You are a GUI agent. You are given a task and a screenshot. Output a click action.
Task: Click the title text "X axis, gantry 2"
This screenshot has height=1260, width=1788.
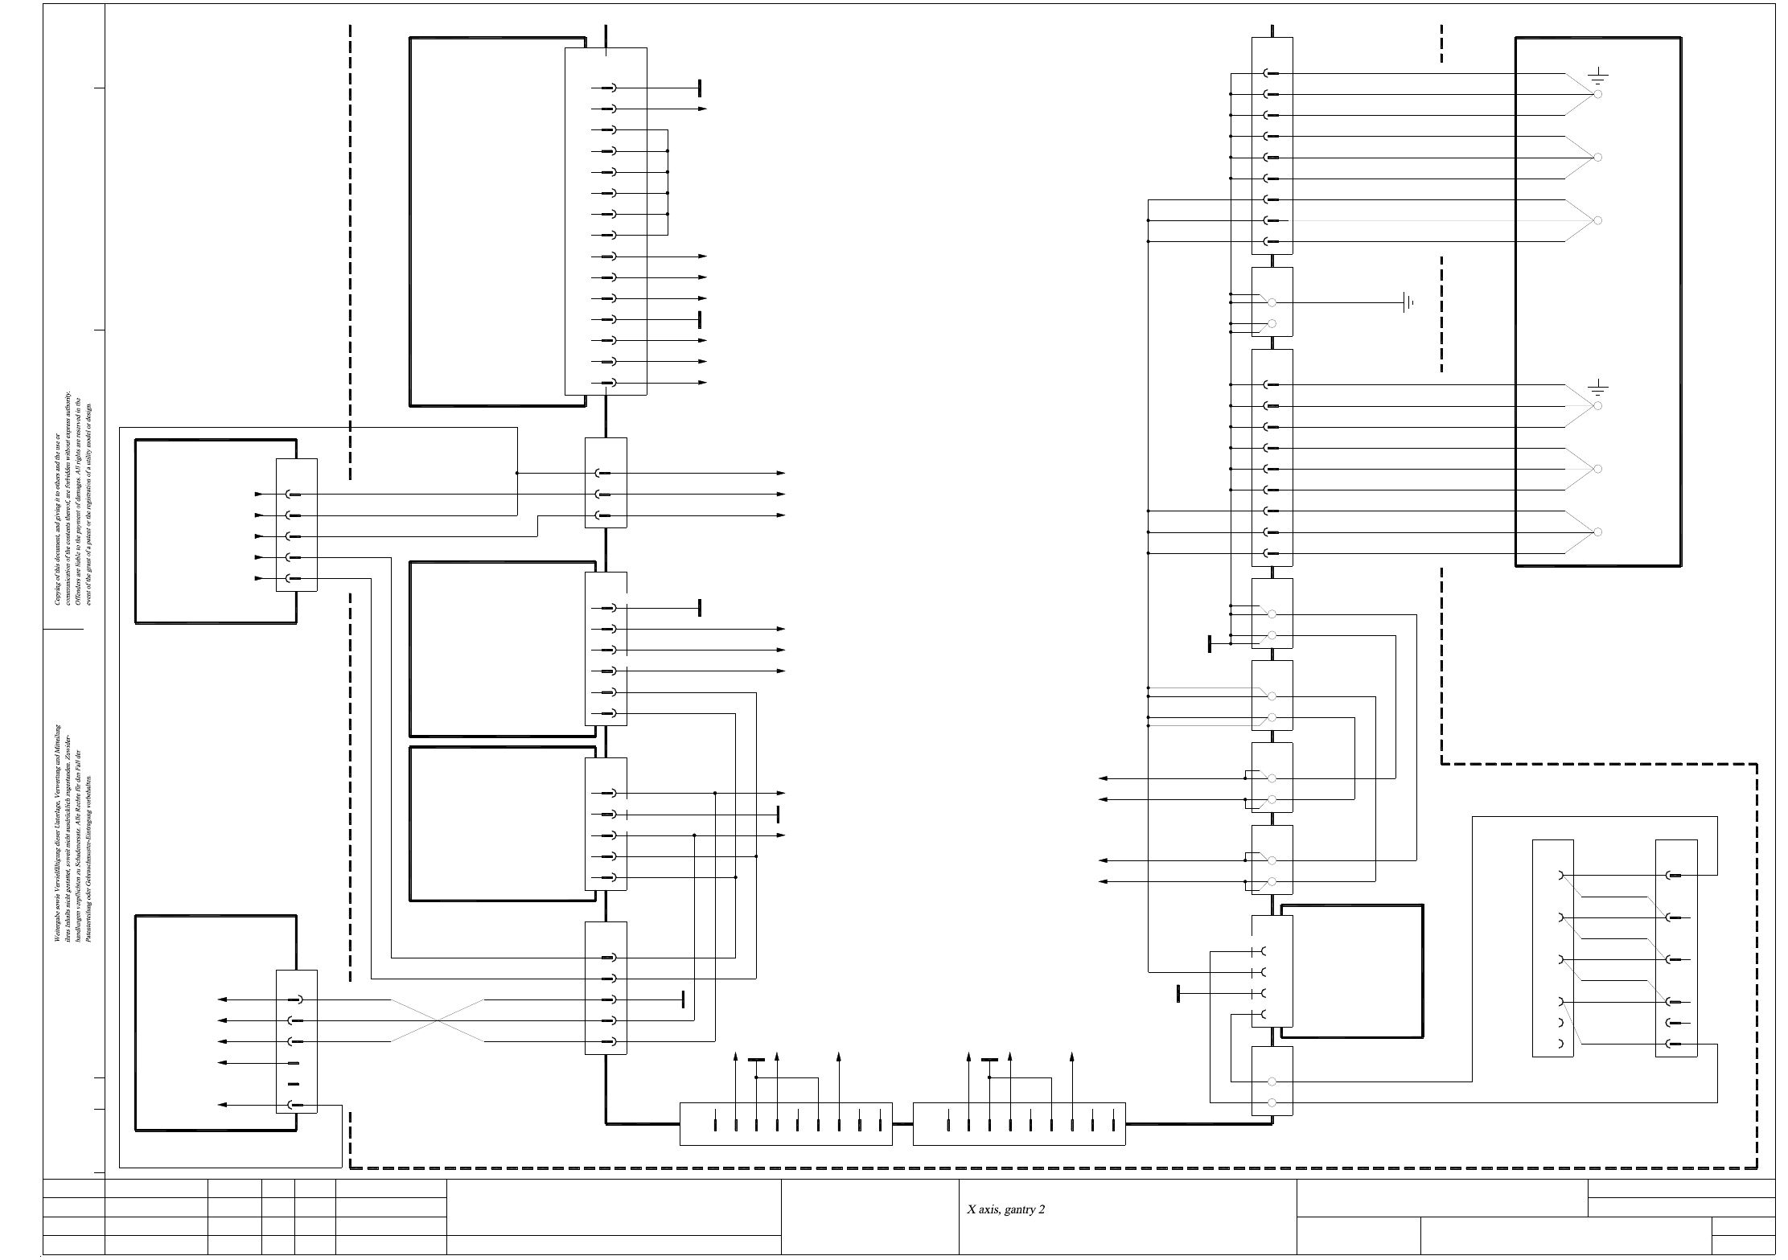(1005, 1209)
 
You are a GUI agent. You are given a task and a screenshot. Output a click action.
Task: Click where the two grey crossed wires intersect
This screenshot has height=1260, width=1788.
(438, 1020)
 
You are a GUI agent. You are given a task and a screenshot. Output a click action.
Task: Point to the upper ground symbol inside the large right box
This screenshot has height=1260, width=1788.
(1597, 77)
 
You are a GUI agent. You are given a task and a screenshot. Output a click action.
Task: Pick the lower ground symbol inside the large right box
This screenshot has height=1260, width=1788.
(1597, 389)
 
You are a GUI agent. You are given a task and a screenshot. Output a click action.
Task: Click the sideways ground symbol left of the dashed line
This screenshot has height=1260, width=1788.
(1408, 303)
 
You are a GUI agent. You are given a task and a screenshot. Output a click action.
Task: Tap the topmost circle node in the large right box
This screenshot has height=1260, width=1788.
(1598, 94)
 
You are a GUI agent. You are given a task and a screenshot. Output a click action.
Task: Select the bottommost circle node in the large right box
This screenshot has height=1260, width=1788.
(1598, 531)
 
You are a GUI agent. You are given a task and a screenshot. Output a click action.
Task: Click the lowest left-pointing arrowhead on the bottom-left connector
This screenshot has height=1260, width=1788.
(223, 1105)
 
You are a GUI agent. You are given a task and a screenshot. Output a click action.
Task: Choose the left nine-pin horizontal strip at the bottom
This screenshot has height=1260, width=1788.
(786, 1123)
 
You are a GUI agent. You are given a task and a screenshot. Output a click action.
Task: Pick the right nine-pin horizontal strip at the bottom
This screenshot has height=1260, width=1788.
(1019, 1123)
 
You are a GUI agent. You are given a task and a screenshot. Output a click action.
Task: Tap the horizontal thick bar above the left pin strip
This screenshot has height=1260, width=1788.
(756, 1061)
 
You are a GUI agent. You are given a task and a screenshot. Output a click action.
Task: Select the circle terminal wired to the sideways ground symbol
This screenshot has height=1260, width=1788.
(1272, 303)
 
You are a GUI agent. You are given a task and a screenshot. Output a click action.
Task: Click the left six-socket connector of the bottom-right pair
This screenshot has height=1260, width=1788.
(1552, 948)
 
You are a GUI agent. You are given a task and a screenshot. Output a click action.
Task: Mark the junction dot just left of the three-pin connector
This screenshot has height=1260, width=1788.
(517, 474)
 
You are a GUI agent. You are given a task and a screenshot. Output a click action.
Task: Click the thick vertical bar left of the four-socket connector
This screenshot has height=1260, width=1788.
(1178, 993)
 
